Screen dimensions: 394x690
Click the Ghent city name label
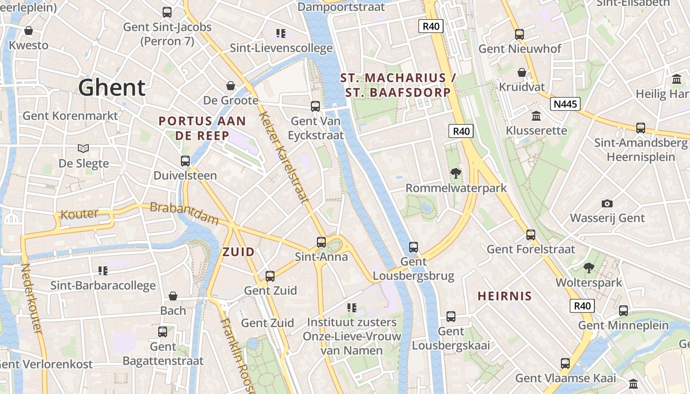112,88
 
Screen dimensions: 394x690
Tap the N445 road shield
565,104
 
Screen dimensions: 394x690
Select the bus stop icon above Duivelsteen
185,161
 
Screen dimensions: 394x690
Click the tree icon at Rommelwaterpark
456,173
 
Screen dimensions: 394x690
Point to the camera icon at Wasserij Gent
607,203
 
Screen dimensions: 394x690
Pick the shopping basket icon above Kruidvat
522,73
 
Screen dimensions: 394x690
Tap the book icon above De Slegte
83,148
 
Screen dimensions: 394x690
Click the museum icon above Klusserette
536,116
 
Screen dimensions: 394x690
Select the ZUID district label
239,252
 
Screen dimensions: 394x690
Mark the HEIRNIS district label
505,296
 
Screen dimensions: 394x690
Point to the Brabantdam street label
184,213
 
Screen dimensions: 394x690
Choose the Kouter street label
79,214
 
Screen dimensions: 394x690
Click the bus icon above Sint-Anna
321,242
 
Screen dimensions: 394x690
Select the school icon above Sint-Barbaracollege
103,270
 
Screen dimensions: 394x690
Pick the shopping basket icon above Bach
173,296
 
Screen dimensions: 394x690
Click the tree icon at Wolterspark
588,268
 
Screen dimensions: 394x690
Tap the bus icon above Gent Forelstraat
531,235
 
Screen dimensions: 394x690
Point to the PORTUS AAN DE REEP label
202,128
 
